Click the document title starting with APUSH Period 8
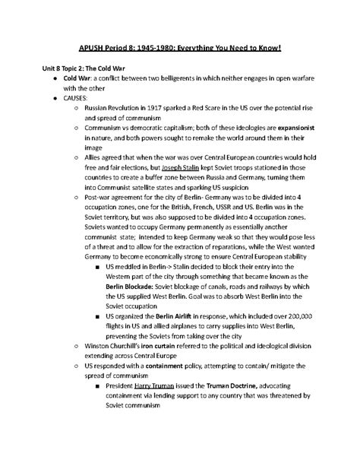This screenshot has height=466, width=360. click(x=180, y=49)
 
